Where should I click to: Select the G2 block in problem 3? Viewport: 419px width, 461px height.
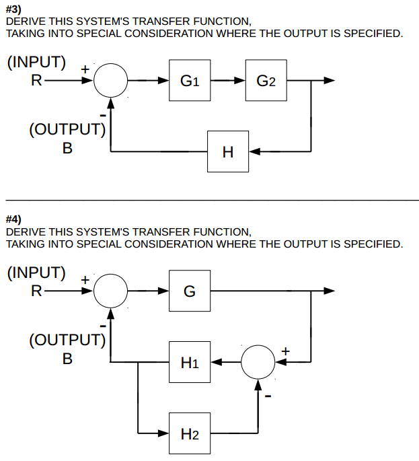[266, 81]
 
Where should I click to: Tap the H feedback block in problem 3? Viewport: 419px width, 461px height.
[228, 151]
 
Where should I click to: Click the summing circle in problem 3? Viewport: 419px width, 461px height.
[110, 81]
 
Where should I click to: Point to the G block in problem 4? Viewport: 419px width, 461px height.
[190, 291]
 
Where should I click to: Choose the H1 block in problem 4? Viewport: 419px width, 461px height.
[190, 362]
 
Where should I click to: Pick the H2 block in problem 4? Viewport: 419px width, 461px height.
[190, 433]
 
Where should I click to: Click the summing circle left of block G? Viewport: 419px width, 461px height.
[110, 291]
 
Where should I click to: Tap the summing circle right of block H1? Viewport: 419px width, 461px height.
[258, 362]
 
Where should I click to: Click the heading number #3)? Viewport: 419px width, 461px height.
[13, 9]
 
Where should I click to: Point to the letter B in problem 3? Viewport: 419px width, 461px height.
[67, 149]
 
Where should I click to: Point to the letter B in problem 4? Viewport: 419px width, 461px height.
[67, 359]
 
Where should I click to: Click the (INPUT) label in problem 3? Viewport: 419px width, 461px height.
[36, 63]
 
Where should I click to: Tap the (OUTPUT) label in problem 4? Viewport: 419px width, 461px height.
[67, 339]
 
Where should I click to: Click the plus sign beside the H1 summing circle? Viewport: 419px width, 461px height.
[285, 351]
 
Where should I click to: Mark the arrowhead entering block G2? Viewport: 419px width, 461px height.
[241, 81]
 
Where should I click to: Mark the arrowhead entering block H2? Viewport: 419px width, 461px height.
[163, 433]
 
